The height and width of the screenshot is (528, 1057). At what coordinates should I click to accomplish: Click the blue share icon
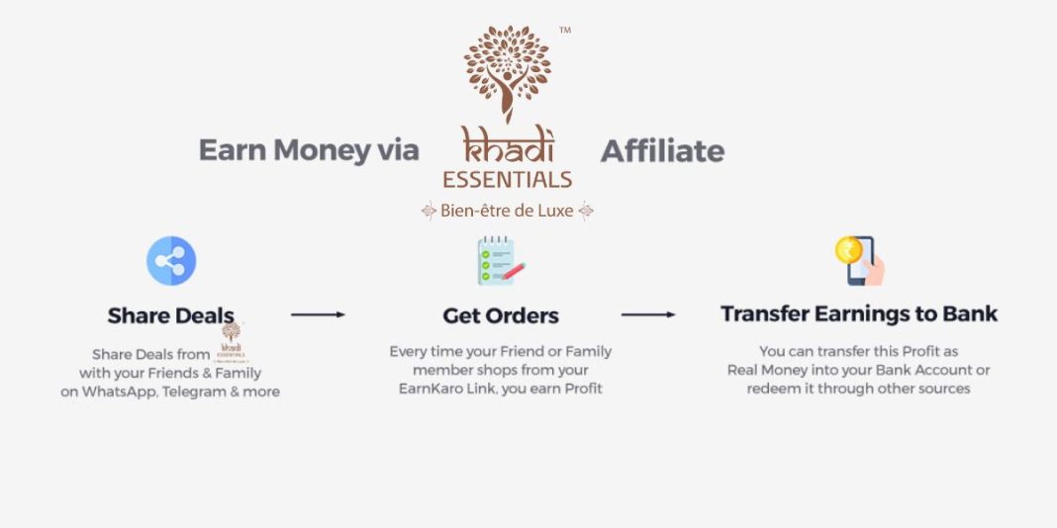click(171, 261)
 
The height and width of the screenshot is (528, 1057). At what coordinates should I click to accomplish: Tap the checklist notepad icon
click(501, 261)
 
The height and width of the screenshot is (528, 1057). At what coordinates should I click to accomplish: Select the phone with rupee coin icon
click(859, 260)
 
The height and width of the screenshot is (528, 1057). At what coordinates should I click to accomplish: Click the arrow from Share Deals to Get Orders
click(318, 314)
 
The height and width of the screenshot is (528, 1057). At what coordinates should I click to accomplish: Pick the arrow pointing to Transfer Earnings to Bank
click(648, 314)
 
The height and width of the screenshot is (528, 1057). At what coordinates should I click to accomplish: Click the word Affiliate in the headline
click(662, 151)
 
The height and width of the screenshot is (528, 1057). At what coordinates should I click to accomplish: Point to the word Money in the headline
click(323, 151)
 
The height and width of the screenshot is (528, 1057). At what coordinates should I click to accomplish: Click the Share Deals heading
click(170, 316)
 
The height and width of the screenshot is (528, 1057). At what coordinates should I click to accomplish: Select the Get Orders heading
click(501, 316)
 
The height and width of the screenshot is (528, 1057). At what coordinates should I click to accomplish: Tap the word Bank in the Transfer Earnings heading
click(968, 313)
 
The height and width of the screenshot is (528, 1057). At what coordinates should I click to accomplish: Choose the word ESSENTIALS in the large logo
click(508, 179)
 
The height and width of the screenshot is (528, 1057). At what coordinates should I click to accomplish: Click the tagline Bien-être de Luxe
click(508, 211)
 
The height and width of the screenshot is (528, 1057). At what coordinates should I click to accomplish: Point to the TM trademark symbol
click(565, 31)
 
